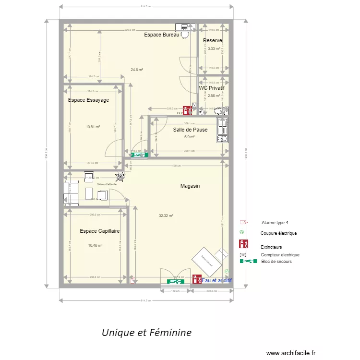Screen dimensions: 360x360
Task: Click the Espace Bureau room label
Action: (161, 35)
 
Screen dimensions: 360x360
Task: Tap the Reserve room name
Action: (212, 40)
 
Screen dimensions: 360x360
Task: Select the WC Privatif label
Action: (212, 88)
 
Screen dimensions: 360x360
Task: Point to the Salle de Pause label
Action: (190, 130)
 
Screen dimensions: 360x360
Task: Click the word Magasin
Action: (190, 186)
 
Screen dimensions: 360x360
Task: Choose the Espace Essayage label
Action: (88, 100)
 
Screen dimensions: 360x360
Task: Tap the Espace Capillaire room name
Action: (100, 231)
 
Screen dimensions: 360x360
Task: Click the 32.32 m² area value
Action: (166, 216)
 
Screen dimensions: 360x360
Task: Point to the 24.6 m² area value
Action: (137, 70)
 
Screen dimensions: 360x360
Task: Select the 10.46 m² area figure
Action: (95, 245)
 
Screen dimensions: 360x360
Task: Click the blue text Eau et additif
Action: (216, 280)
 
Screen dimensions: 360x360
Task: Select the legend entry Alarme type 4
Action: (275, 223)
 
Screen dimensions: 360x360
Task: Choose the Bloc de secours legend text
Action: (276, 262)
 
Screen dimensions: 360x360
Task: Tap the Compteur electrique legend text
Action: (280, 255)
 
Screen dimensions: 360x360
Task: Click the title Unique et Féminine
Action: (146, 332)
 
